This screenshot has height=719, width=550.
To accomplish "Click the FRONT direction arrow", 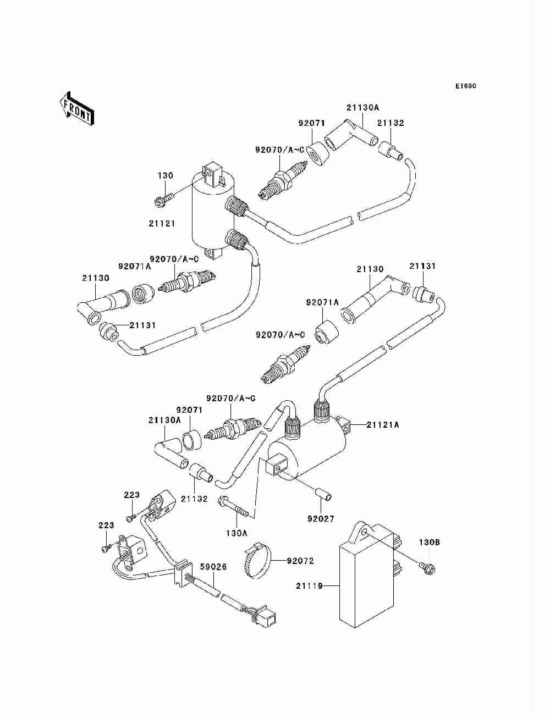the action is pyautogui.click(x=76, y=108).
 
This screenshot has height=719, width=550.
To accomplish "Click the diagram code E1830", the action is pyautogui.click(x=465, y=86).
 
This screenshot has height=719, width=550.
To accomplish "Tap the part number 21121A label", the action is pyautogui.click(x=382, y=425).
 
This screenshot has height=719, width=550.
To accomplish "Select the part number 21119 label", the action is pyautogui.click(x=310, y=585).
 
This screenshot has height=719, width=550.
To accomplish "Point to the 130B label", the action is pyautogui.click(x=429, y=543).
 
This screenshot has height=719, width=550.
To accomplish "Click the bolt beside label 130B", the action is pyautogui.click(x=427, y=567).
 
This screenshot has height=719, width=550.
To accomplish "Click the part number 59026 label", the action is pyautogui.click(x=213, y=567).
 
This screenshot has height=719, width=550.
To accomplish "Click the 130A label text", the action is pyautogui.click(x=237, y=533).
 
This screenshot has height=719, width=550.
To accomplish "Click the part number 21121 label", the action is pyautogui.click(x=162, y=223).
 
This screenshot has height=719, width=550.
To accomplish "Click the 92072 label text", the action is pyautogui.click(x=300, y=561).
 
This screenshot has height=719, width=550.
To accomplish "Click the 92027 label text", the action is pyautogui.click(x=321, y=519).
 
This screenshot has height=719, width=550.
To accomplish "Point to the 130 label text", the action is pyautogui.click(x=165, y=175).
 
